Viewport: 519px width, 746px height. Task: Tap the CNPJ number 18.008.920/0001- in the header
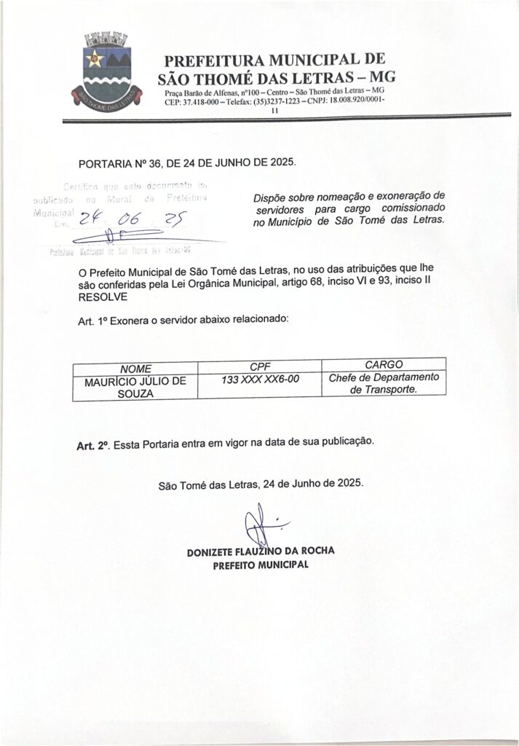pyautogui.click(x=356, y=103)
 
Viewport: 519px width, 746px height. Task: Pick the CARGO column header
pyautogui.click(x=383, y=364)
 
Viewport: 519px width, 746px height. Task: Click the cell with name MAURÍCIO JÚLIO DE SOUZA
pyautogui.click(x=135, y=385)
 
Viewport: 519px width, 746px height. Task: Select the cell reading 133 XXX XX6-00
pyautogui.click(x=261, y=379)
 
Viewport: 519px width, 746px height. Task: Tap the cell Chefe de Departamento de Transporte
pyautogui.click(x=383, y=384)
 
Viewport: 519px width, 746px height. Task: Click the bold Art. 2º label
pyautogui.click(x=93, y=444)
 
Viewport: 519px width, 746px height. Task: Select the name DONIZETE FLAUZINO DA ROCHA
pyautogui.click(x=260, y=551)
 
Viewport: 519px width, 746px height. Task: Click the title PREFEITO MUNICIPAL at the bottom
pyautogui.click(x=260, y=565)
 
